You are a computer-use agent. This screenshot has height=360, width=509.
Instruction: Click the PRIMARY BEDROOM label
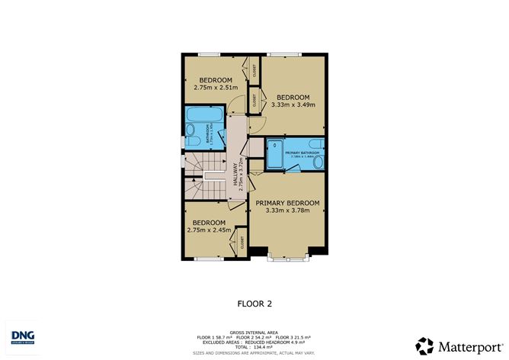pyautogui.click(x=287, y=203)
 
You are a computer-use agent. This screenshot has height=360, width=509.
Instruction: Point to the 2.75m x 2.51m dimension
pyautogui.click(x=216, y=88)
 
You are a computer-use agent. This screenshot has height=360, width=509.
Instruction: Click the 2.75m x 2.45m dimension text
pyautogui.click(x=209, y=230)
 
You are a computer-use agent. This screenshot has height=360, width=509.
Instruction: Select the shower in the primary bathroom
pyautogui.click(x=275, y=156)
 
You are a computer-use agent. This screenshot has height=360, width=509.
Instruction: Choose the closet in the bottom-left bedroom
pyautogui.click(x=241, y=239)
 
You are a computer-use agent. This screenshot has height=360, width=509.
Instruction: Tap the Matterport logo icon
pyautogui.click(x=425, y=345)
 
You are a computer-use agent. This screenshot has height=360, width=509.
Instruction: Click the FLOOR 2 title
pyautogui.click(x=254, y=303)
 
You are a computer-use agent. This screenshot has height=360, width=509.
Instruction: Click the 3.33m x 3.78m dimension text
pyautogui.click(x=287, y=211)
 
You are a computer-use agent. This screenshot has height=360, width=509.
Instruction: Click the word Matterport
pyautogui.click(x=467, y=345)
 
